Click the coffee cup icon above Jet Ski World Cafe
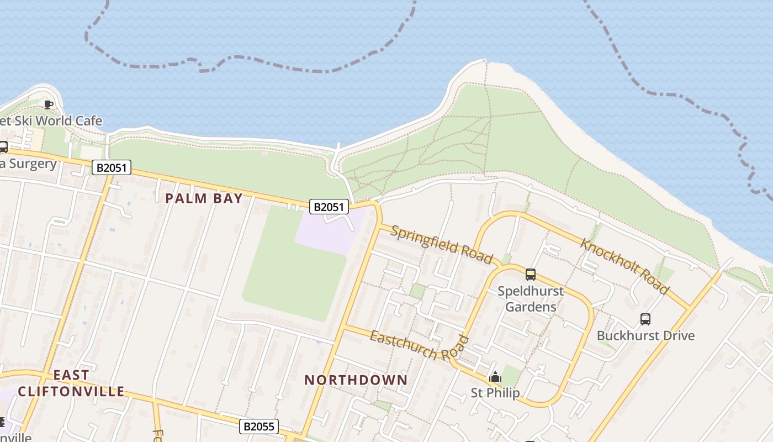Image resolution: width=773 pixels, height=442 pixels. [x=49, y=104]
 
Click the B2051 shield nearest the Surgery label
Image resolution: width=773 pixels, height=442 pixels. [x=112, y=167]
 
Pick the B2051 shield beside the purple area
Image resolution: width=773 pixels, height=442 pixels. [x=329, y=207]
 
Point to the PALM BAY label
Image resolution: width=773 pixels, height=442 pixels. [x=204, y=198]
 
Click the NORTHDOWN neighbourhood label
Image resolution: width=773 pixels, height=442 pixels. [x=356, y=380]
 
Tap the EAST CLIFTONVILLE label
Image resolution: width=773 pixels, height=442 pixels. [x=71, y=383]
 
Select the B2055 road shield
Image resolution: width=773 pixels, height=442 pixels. [x=259, y=427]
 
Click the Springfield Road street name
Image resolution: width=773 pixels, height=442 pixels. [x=441, y=244]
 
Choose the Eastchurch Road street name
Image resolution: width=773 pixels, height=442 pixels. [x=419, y=346]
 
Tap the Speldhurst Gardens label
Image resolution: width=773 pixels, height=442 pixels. [x=531, y=299]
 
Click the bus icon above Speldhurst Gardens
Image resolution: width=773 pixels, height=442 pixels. [x=531, y=274]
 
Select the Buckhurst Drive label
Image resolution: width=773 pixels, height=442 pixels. [x=645, y=335]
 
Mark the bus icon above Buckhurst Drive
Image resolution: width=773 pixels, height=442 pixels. [x=645, y=319]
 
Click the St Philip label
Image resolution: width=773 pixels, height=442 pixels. [x=495, y=393]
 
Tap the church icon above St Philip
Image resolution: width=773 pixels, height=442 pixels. [x=495, y=377]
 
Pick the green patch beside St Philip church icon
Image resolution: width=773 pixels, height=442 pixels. [x=512, y=376]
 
